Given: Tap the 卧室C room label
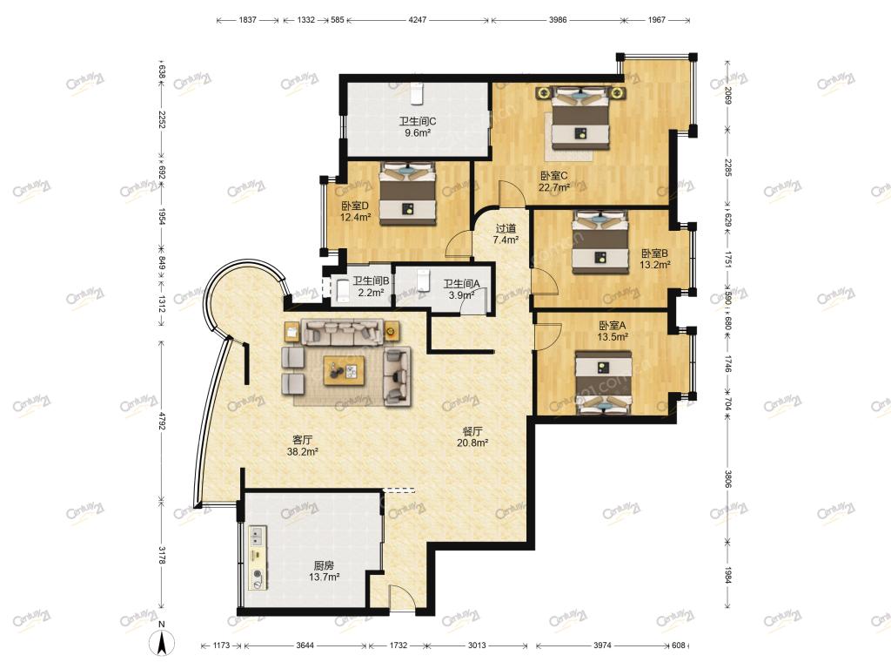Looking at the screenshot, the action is click(554, 176).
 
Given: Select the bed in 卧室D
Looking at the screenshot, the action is click(407, 193).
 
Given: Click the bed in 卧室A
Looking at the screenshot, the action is click(604, 382).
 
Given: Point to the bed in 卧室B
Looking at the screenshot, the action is click(600, 242).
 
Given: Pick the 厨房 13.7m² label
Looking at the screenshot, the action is click(324, 571).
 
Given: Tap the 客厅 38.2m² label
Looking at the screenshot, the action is click(302, 446).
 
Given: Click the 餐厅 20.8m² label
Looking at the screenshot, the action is click(472, 437).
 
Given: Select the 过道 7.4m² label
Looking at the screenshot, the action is click(506, 234).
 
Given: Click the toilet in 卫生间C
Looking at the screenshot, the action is click(418, 93).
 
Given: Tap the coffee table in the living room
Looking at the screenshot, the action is click(344, 371).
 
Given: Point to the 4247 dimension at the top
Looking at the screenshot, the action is click(417, 20).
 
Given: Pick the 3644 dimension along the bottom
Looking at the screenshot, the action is click(305, 645).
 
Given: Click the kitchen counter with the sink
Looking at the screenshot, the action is click(257, 557).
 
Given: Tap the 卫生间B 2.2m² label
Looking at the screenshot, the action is click(371, 287).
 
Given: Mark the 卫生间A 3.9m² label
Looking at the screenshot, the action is click(461, 289).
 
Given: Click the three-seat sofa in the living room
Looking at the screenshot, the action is click(342, 332).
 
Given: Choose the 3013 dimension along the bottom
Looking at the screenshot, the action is click(477, 645).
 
